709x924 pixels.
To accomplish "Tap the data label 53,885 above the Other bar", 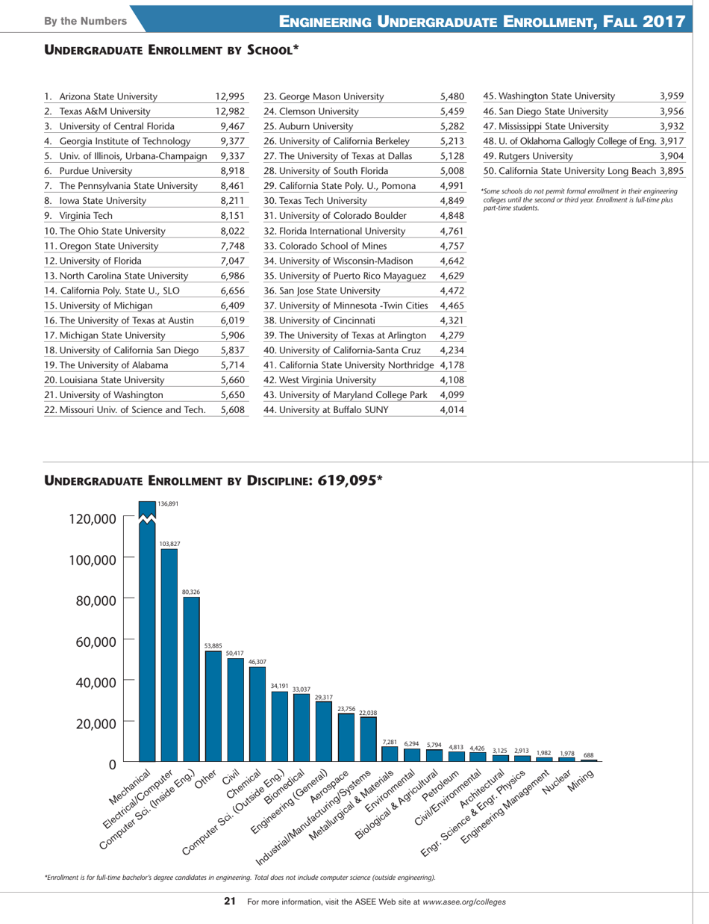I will click(x=213, y=645).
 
